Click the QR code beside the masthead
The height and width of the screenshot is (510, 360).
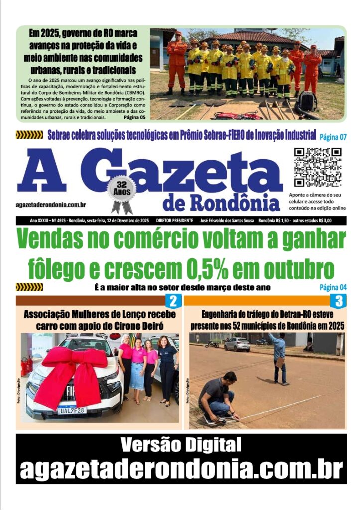click(x=317, y=167)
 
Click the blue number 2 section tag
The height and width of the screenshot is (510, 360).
click(x=173, y=301)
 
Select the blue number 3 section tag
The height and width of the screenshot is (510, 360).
click(x=338, y=301)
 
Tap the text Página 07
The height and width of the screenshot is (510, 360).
click(x=333, y=137)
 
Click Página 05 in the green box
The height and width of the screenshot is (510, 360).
click(x=134, y=118)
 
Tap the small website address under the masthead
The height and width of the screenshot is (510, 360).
click(x=51, y=205)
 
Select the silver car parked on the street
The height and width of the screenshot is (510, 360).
click(x=237, y=344)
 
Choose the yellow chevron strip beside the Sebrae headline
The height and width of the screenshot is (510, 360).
click(x=29, y=135)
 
